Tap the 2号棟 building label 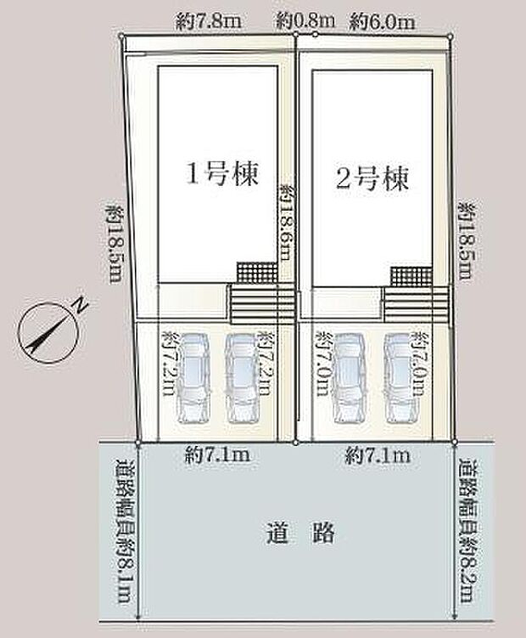click(373, 178)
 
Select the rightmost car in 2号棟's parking click(400, 377)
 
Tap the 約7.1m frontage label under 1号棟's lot click(217, 456)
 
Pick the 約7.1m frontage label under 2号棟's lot click(378, 456)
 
